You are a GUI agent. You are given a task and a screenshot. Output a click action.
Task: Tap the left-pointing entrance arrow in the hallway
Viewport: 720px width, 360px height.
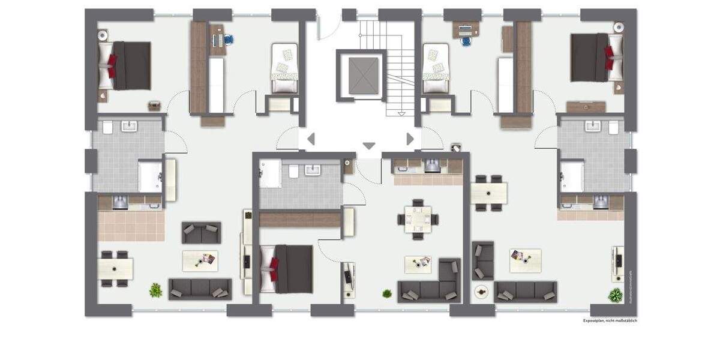(311, 140)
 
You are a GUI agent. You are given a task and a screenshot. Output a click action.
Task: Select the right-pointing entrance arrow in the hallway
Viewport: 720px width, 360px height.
(410, 139)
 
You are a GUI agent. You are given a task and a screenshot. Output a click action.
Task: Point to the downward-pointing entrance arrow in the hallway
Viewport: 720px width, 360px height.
(369, 146)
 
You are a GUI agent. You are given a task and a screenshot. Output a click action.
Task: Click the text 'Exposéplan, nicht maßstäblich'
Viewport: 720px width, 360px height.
(610, 321)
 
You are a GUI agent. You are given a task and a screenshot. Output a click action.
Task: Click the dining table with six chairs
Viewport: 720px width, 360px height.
(418, 218)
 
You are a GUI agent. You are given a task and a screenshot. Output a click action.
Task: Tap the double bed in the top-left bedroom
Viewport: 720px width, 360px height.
(125, 65)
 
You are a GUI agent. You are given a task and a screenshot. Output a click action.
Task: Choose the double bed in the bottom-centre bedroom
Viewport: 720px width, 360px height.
(287, 268)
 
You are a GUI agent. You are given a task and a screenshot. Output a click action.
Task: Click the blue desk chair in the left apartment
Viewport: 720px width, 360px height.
(229, 40)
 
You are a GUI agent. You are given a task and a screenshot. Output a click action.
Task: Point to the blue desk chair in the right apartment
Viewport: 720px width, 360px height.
(466, 41)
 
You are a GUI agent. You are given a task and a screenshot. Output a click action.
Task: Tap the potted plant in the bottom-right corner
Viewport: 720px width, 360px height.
(615, 295)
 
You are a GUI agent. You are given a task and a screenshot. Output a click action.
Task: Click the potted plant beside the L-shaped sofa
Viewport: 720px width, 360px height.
(387, 293)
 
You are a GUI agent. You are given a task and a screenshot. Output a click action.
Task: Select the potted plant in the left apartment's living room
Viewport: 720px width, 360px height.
(155, 290)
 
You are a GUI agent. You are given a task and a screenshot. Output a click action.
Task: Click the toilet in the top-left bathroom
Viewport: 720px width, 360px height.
(107, 128)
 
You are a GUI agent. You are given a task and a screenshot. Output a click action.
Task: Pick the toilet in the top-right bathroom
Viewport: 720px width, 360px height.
(613, 128)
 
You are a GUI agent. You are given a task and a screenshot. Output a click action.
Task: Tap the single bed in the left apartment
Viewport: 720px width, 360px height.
(284, 67)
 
